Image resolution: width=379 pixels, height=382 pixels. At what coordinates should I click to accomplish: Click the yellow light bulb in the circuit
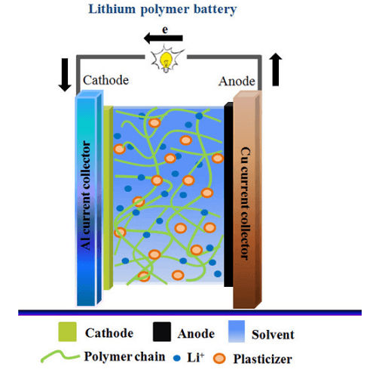point(166,60)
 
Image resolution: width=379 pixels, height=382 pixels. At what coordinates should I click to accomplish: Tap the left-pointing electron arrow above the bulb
point(164,39)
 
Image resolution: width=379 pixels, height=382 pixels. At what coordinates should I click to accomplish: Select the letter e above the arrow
point(165,29)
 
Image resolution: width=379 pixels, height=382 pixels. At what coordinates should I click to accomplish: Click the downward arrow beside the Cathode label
point(65,75)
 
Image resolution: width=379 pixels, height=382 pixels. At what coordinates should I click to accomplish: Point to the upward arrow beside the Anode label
point(276,69)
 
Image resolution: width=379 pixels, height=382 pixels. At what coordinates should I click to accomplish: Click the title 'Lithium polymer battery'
point(163,10)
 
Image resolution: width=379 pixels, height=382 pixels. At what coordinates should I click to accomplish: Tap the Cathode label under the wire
point(106,80)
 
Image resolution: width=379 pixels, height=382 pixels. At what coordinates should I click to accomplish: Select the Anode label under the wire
point(237,82)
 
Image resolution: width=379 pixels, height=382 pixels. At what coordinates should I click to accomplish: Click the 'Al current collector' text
point(86,196)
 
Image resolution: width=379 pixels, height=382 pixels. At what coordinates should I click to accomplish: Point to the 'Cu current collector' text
point(246,203)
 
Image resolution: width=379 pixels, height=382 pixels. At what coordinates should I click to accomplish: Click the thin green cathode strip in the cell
point(108,198)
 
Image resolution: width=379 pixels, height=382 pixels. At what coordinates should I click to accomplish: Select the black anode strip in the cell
point(228,194)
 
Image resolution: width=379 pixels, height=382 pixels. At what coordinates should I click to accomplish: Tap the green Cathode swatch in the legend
point(67,331)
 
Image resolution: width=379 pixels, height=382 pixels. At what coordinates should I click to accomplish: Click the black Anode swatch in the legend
point(162,331)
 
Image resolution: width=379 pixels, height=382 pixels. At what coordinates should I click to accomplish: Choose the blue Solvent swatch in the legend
point(237,331)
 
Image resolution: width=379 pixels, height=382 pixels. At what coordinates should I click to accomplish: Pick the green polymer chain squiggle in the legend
point(60,356)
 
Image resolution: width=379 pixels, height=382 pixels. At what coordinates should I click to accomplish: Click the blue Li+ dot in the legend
point(177,358)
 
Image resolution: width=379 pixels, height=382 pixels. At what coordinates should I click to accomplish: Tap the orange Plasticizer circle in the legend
point(219,359)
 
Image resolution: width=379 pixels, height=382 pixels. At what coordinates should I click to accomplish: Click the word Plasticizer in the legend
point(263,359)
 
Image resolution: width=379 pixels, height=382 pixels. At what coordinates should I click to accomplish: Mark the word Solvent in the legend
point(273,334)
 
